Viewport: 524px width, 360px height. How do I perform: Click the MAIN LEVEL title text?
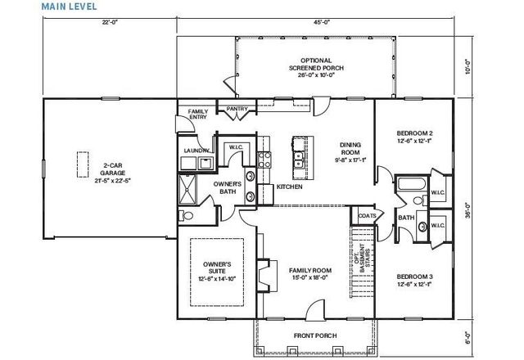click(69, 6)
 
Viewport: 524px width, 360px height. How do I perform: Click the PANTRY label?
click(237, 108)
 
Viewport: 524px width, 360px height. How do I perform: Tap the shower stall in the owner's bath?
click(189, 190)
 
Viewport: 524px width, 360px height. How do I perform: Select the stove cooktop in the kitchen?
click(264, 161)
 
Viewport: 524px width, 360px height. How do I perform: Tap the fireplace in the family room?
click(263, 270)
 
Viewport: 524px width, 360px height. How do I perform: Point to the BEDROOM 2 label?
click(415, 133)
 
